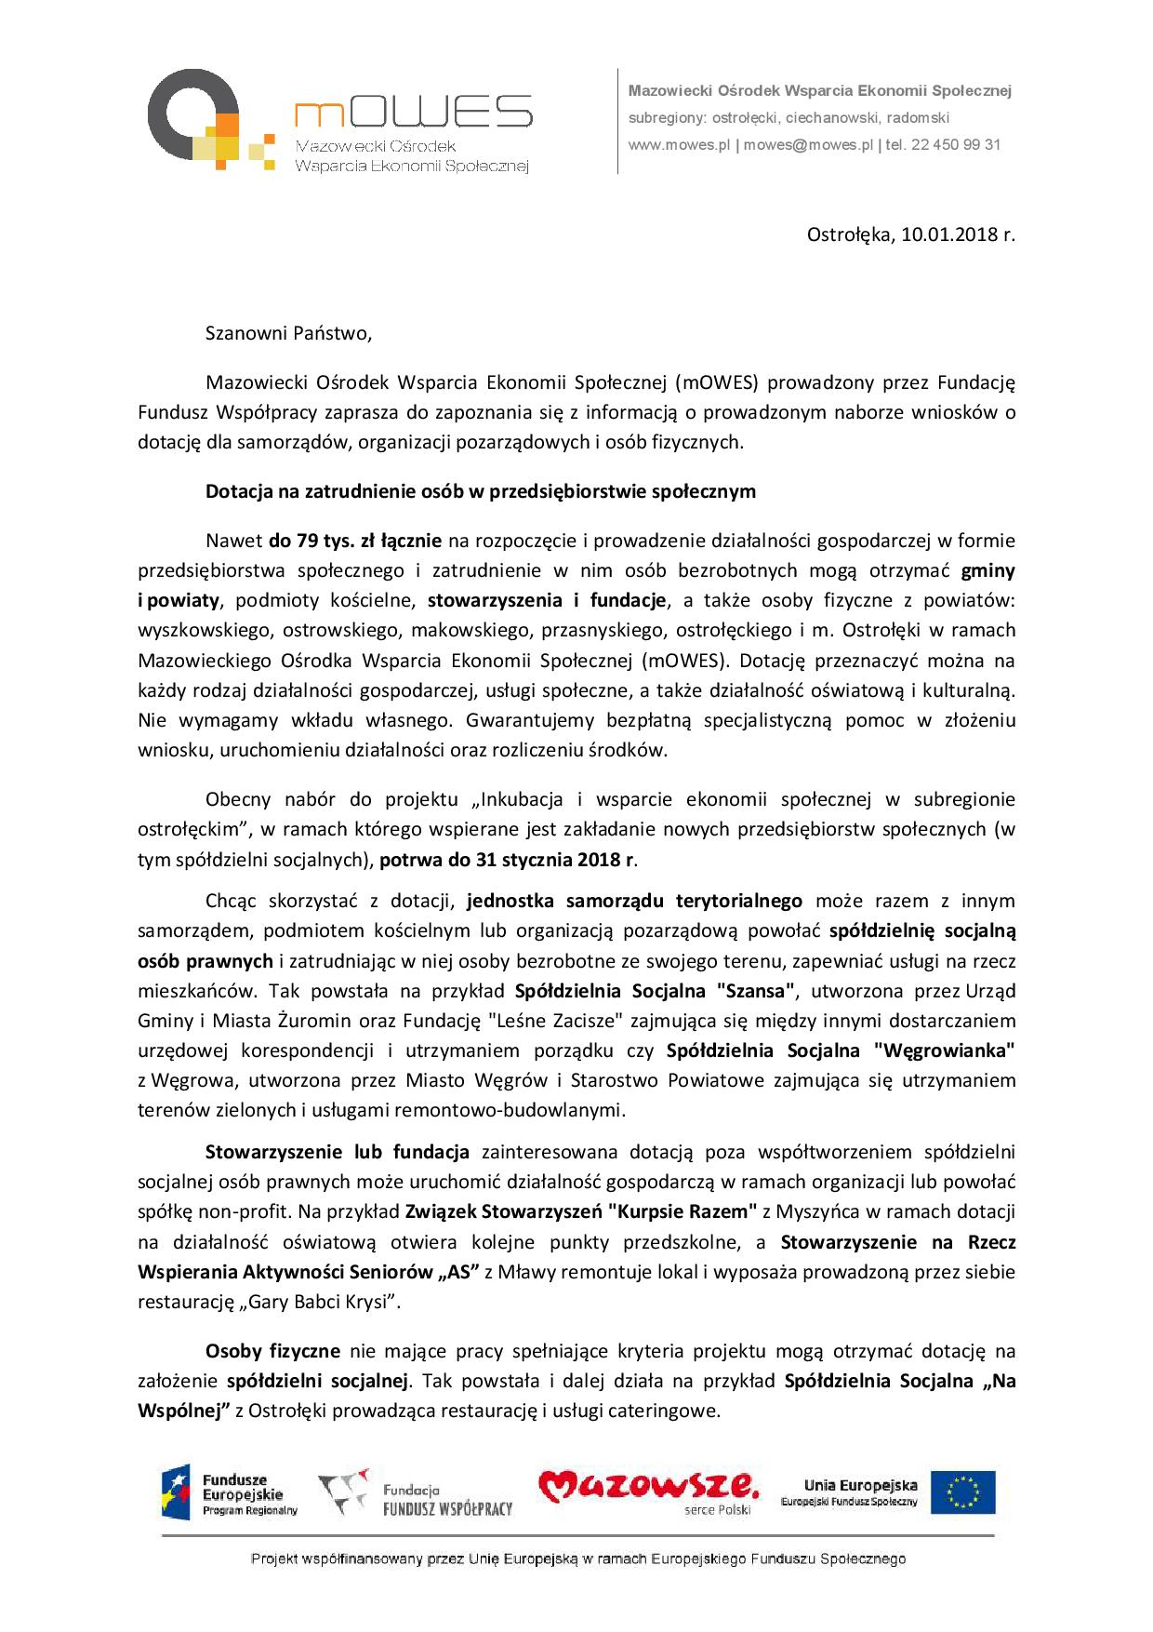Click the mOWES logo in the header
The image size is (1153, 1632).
(x=339, y=121)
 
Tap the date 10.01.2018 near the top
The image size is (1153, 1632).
(x=948, y=234)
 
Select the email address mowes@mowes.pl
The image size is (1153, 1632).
(x=808, y=145)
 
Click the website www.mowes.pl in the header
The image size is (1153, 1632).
(x=679, y=145)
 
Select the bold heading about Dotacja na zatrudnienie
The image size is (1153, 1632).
(x=480, y=491)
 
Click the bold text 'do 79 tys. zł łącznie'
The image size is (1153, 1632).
(x=356, y=541)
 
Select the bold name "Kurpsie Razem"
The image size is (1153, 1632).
(x=683, y=1211)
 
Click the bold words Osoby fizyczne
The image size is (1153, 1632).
(x=272, y=1351)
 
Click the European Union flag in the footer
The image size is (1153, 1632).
(x=962, y=1492)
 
